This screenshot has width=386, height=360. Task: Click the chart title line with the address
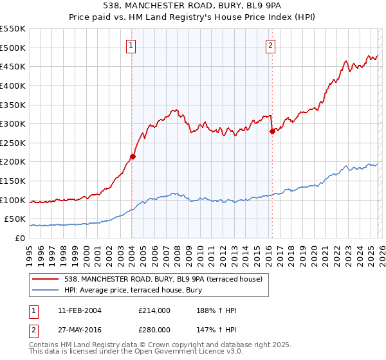(x=192, y=5)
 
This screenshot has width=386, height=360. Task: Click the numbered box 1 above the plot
(x=131, y=45)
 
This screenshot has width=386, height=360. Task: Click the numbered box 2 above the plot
(x=270, y=45)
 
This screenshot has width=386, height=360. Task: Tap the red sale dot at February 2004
(x=133, y=156)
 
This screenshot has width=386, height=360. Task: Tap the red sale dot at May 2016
(x=272, y=131)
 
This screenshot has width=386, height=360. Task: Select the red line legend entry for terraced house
(x=161, y=279)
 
